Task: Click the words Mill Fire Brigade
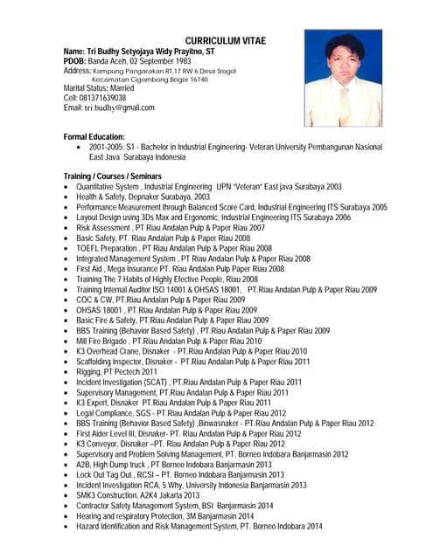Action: (102, 341)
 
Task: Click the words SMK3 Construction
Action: (107, 495)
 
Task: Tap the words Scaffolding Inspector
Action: (109, 362)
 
